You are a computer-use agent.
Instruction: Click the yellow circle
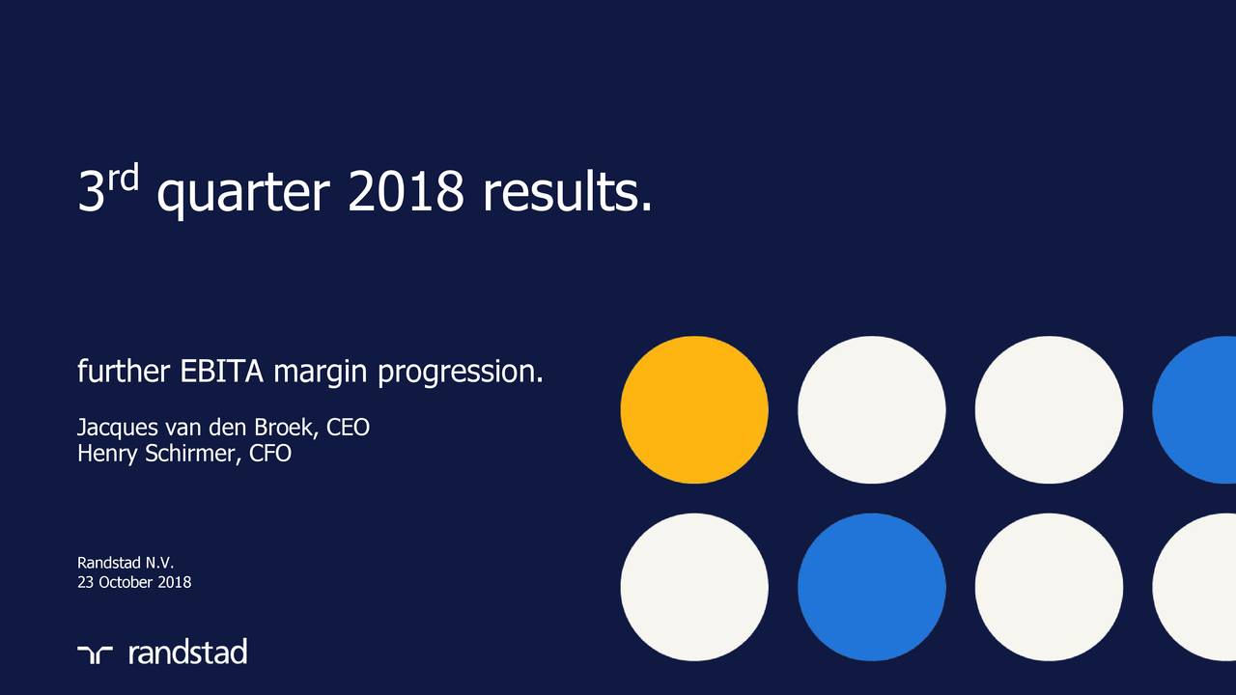click(694, 409)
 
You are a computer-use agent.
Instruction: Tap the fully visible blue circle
click(871, 587)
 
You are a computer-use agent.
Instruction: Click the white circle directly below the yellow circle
click(694, 587)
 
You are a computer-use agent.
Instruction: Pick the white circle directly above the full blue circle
click(871, 409)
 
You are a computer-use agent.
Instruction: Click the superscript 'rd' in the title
click(124, 178)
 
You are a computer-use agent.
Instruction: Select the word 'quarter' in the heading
click(243, 197)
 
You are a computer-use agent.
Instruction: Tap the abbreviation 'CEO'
click(349, 427)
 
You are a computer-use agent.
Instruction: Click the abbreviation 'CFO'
click(270, 453)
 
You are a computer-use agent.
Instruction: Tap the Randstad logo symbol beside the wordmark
click(96, 653)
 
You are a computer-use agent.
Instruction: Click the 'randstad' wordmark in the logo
click(187, 653)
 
